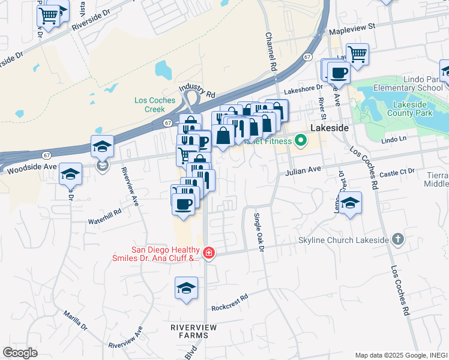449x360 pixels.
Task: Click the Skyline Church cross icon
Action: [x=397, y=239]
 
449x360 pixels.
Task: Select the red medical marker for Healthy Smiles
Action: [x=208, y=254]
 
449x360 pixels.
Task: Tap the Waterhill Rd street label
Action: [x=105, y=212]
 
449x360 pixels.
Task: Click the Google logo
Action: [x=20, y=352]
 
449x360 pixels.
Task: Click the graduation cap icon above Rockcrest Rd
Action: [x=186, y=287]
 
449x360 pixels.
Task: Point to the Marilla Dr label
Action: [x=75, y=321]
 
